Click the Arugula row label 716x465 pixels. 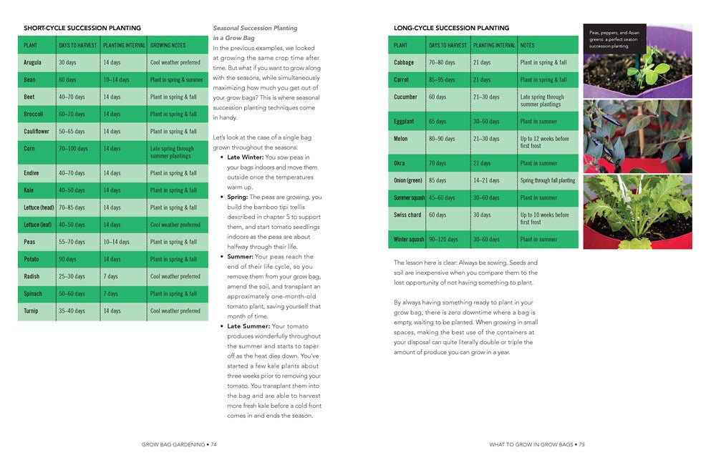point(32,62)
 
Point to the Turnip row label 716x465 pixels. point(32,311)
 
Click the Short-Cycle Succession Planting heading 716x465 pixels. point(82,29)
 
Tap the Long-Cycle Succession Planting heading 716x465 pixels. point(452,29)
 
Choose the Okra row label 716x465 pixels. point(400,163)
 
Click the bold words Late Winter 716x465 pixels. point(245,157)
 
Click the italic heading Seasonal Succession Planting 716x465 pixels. point(255,29)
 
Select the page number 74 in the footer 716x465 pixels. point(213,444)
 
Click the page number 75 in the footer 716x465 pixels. point(582,444)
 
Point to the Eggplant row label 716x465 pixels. point(404,122)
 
